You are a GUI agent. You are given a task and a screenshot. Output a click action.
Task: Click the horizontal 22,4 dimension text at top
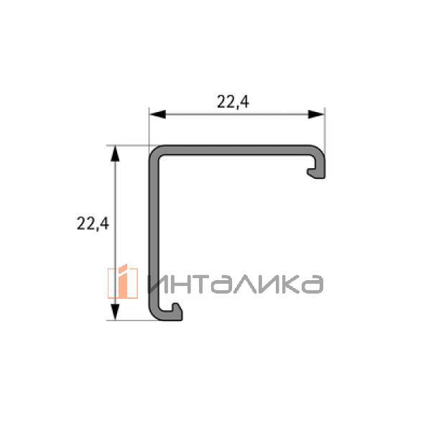[233, 102]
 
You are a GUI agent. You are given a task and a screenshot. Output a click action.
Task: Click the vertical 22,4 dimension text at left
[93, 223]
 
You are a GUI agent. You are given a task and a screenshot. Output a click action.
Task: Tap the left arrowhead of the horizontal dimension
[157, 114]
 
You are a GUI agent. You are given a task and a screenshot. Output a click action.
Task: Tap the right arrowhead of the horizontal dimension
[316, 114]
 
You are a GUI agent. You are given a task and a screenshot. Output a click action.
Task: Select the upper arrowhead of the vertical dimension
[115, 154]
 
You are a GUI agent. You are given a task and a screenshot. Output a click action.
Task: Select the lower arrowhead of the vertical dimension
[115, 312]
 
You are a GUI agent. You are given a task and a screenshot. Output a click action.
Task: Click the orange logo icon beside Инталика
[123, 282]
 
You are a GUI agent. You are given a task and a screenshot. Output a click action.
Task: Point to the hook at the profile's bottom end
[173, 312]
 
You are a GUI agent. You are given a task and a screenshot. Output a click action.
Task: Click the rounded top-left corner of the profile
[154, 150]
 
